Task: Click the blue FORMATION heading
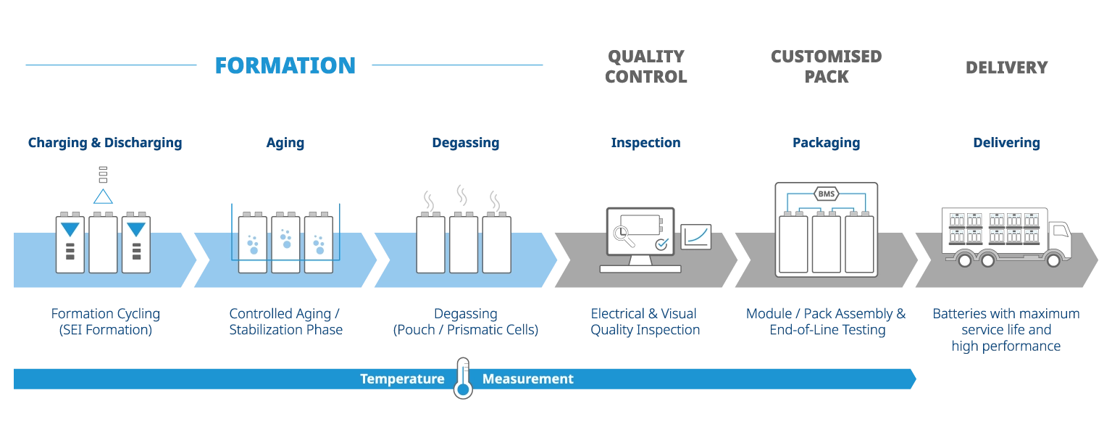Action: (285, 66)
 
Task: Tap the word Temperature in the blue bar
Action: (402, 379)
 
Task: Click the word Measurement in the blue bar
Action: (527, 379)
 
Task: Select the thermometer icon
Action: (462, 378)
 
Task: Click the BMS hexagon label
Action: (826, 194)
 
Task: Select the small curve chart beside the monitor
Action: (696, 236)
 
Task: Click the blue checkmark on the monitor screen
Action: (661, 244)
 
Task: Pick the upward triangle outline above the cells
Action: (104, 196)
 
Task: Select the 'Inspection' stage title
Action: (645, 144)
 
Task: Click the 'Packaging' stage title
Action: (826, 144)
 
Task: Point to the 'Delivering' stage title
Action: (1008, 144)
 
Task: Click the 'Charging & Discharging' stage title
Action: (105, 144)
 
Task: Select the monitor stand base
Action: (640, 269)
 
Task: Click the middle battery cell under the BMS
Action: (826, 243)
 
